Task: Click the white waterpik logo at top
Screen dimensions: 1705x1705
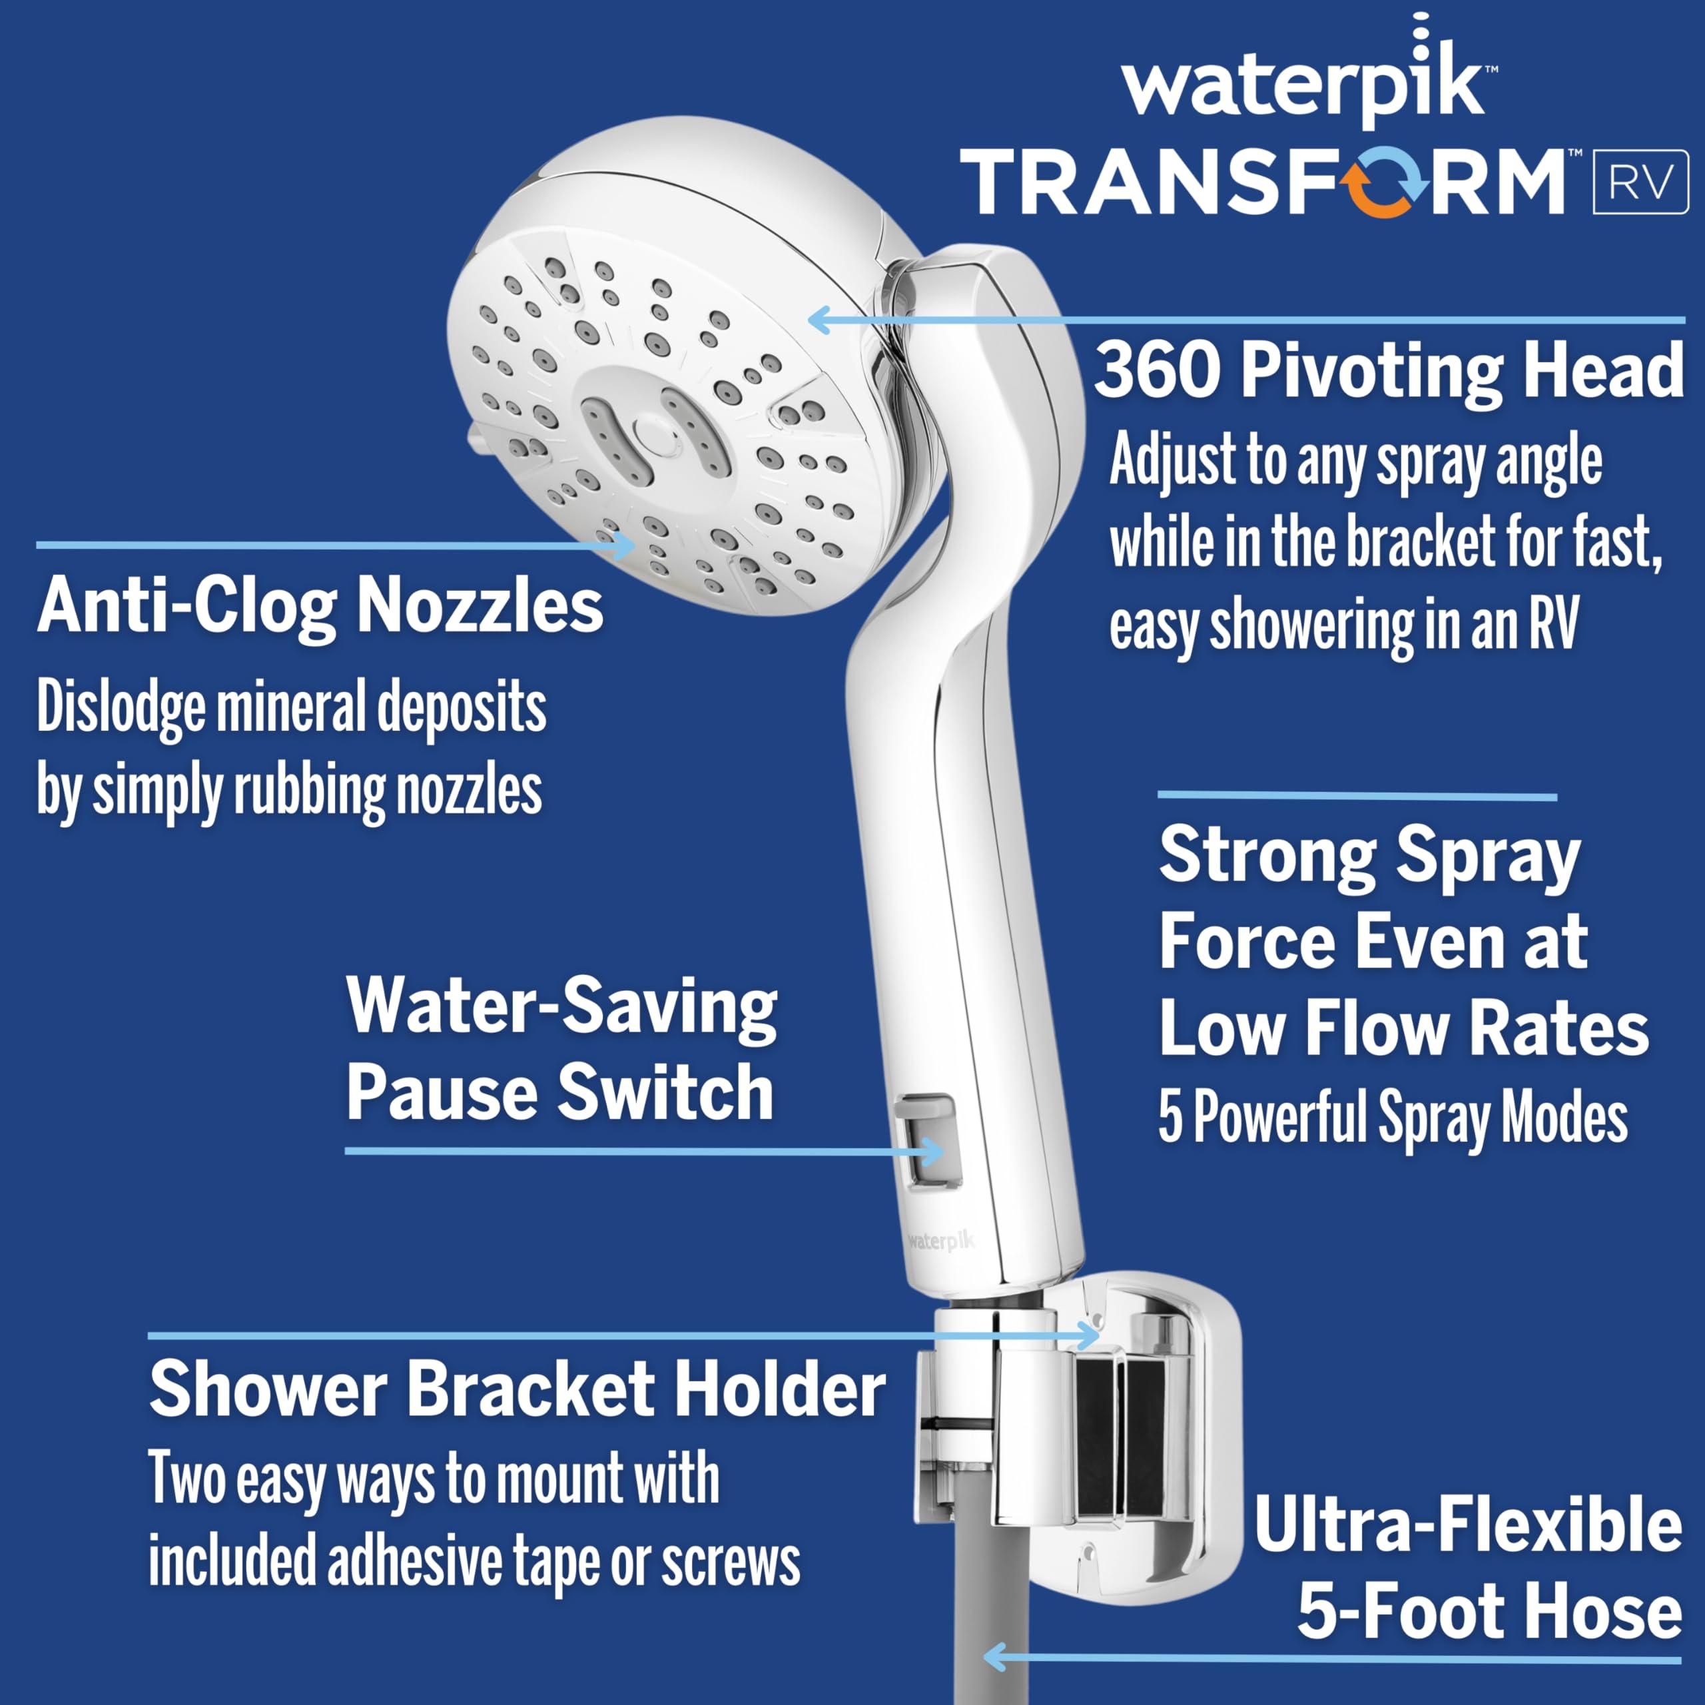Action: pos(1304,85)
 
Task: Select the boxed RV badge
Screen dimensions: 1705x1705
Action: pos(1640,182)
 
